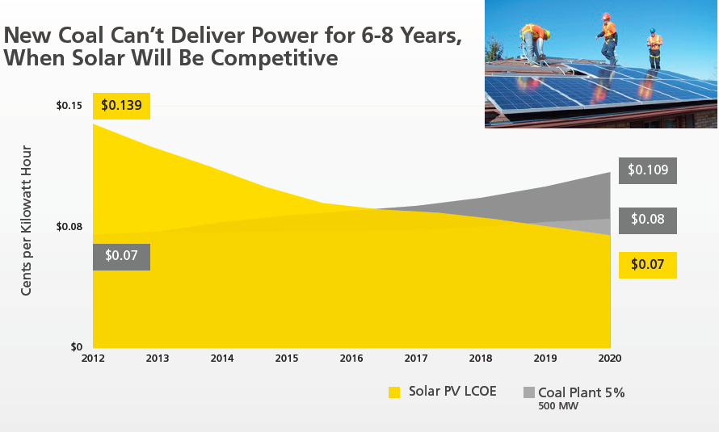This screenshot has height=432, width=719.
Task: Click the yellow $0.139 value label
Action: [121, 107]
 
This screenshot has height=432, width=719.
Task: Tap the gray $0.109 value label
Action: [648, 170]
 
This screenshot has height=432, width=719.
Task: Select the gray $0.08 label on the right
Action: [648, 220]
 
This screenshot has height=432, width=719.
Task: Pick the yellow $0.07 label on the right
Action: [647, 265]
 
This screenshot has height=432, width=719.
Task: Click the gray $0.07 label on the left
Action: [121, 257]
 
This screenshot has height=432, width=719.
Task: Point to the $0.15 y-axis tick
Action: [69, 106]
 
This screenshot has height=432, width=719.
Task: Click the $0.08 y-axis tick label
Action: [69, 226]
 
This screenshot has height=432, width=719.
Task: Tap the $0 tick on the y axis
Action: [76, 347]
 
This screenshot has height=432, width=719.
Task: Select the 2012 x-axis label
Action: [94, 358]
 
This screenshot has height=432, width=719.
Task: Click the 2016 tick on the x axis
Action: [351, 358]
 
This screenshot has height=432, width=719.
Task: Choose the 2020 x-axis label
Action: [610, 358]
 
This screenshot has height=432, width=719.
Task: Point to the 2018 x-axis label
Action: [481, 358]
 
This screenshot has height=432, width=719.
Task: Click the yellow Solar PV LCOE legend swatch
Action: [394, 392]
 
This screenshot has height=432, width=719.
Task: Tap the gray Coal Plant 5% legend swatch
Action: [529, 392]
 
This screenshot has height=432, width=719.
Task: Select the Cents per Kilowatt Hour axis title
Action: [27, 220]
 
